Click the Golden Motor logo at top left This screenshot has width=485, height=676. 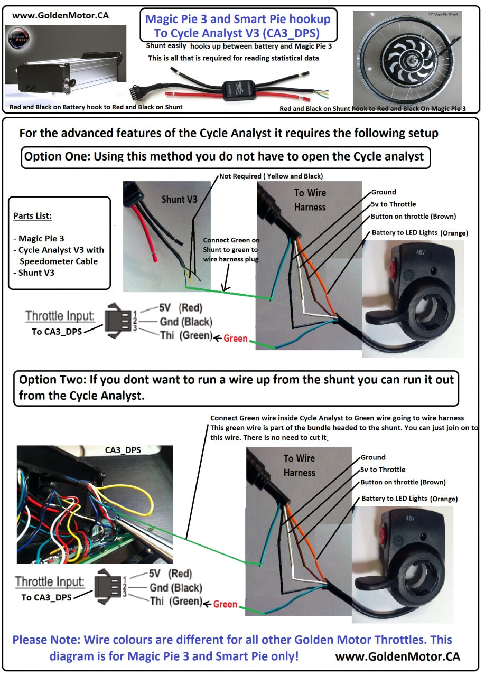[x=20, y=42]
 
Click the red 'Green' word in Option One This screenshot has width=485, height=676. [x=235, y=338]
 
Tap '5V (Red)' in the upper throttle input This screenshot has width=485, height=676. [x=180, y=308]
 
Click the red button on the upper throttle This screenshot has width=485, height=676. [x=393, y=268]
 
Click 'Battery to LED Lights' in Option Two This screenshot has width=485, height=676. [x=394, y=499]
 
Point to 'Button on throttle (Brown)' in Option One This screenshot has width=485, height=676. [x=413, y=217]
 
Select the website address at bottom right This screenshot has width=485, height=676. [x=397, y=656]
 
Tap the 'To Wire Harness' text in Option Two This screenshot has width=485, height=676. [x=299, y=465]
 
